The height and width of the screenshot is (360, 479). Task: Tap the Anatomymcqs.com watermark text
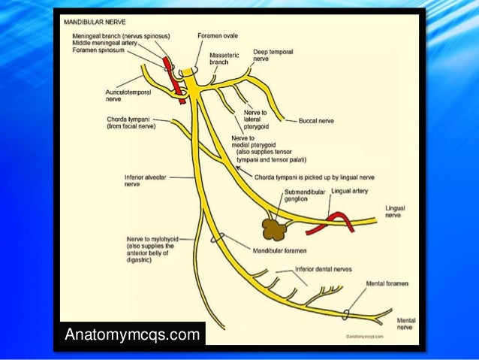[134, 332]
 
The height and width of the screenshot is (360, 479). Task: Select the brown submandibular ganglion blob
[275, 225]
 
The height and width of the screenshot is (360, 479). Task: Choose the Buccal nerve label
[316, 120]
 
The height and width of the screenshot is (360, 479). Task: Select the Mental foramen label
[387, 283]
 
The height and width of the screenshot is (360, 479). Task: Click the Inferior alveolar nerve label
[141, 180]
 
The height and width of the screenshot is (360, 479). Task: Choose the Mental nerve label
[406, 324]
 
